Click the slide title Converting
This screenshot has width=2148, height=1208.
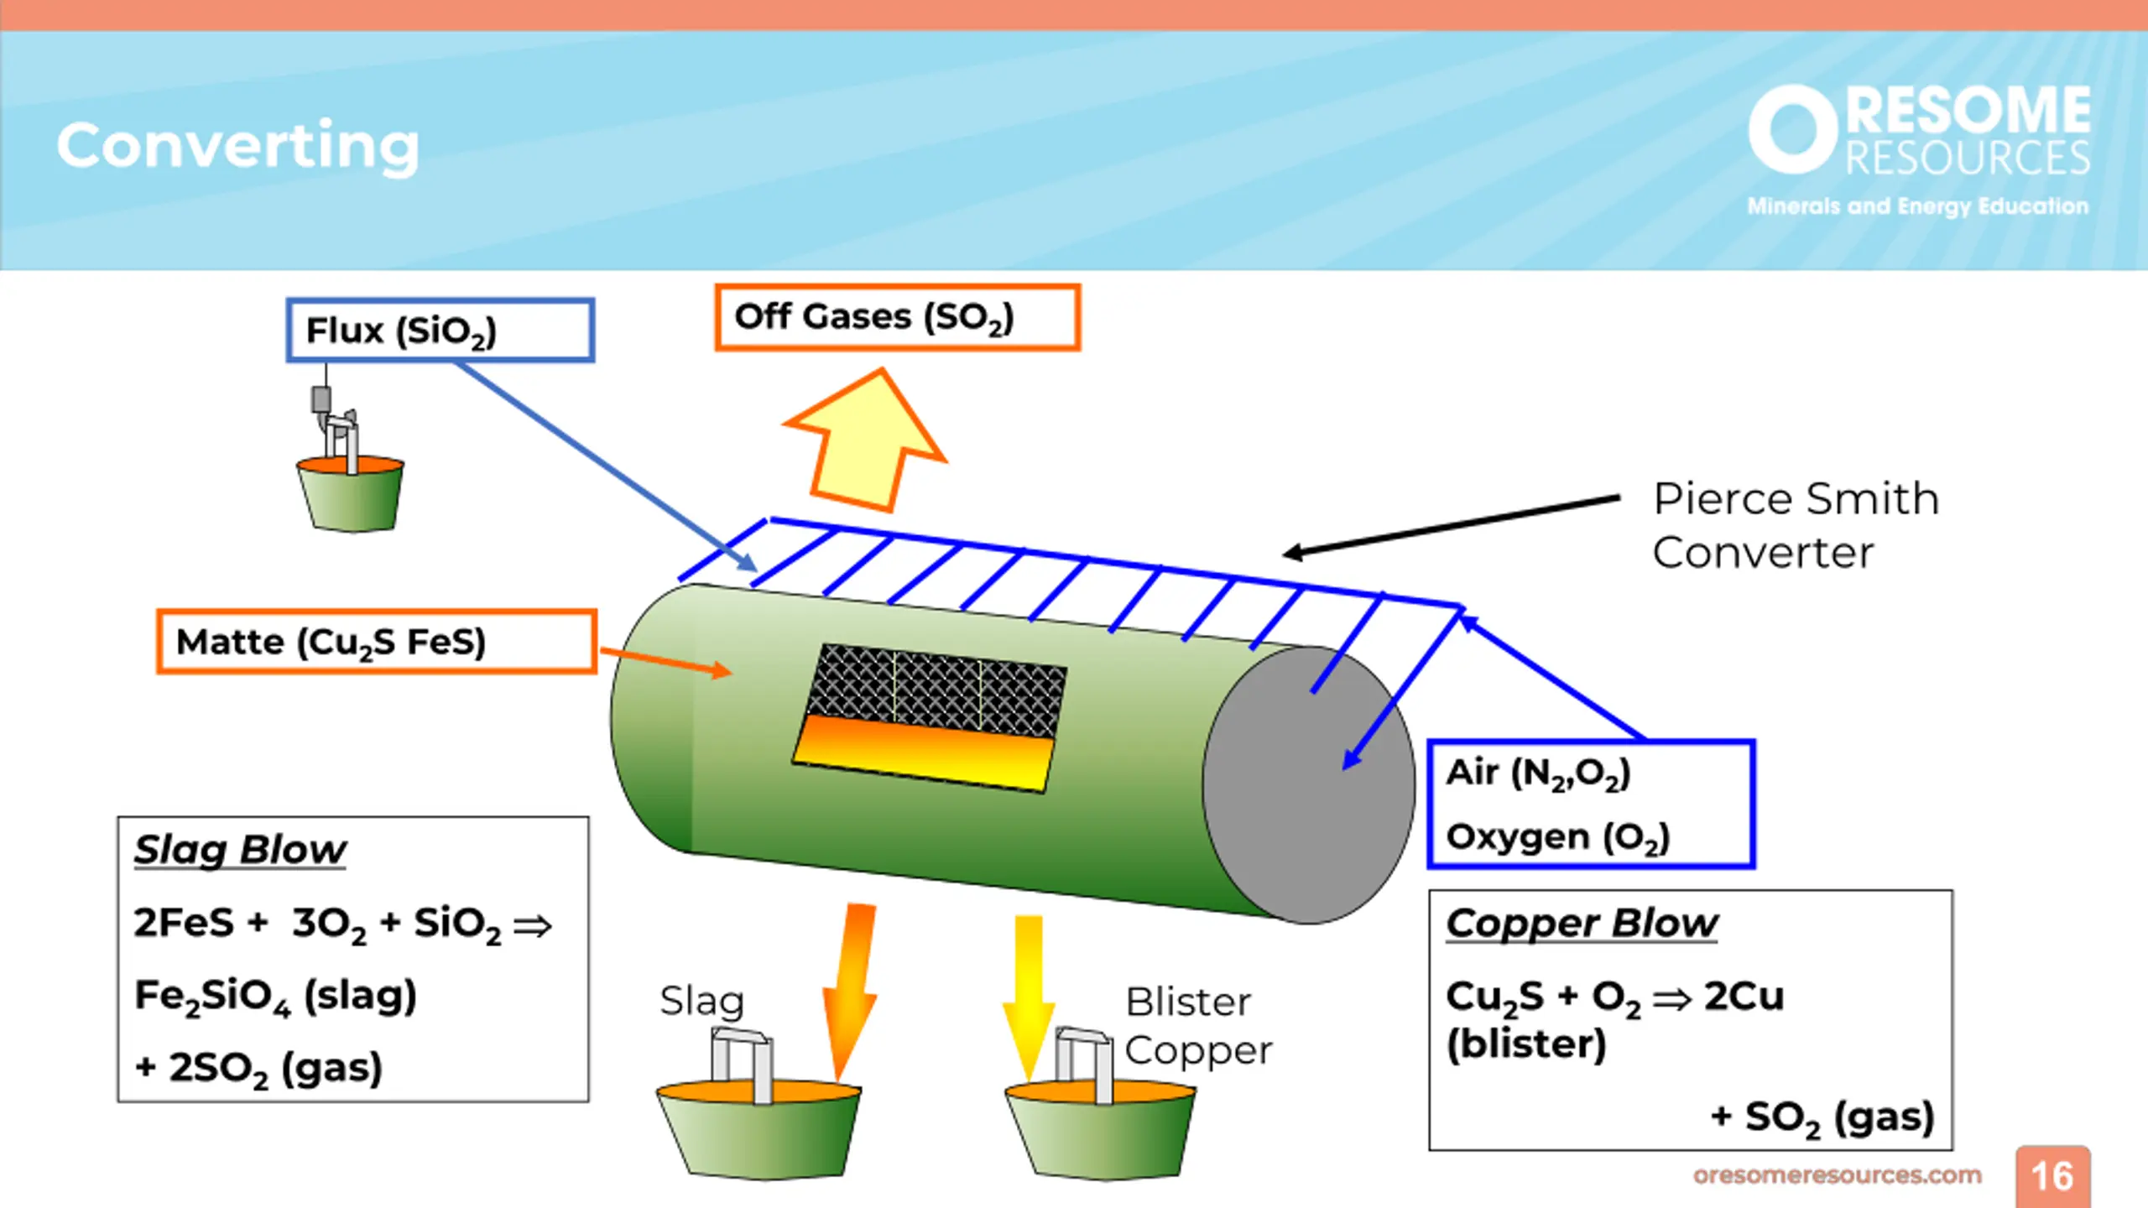(237, 147)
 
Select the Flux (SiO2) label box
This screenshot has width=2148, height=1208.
(441, 330)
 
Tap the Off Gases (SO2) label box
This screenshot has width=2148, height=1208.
(897, 317)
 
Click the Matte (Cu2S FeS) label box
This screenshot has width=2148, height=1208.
(377, 642)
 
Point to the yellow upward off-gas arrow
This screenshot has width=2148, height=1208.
(867, 440)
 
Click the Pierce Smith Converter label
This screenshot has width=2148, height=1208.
(1796, 525)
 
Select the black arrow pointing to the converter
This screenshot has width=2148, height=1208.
(1452, 526)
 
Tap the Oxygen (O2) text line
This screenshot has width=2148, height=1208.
(1558, 837)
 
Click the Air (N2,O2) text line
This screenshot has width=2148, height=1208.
(1538, 773)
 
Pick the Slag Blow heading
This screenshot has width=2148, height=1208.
(240, 850)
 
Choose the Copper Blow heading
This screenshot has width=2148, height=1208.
(1582, 923)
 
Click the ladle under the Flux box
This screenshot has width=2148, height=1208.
(351, 493)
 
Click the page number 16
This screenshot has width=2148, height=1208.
(2052, 1176)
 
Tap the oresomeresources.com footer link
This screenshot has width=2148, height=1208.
(1838, 1175)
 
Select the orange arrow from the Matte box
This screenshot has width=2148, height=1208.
(665, 661)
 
